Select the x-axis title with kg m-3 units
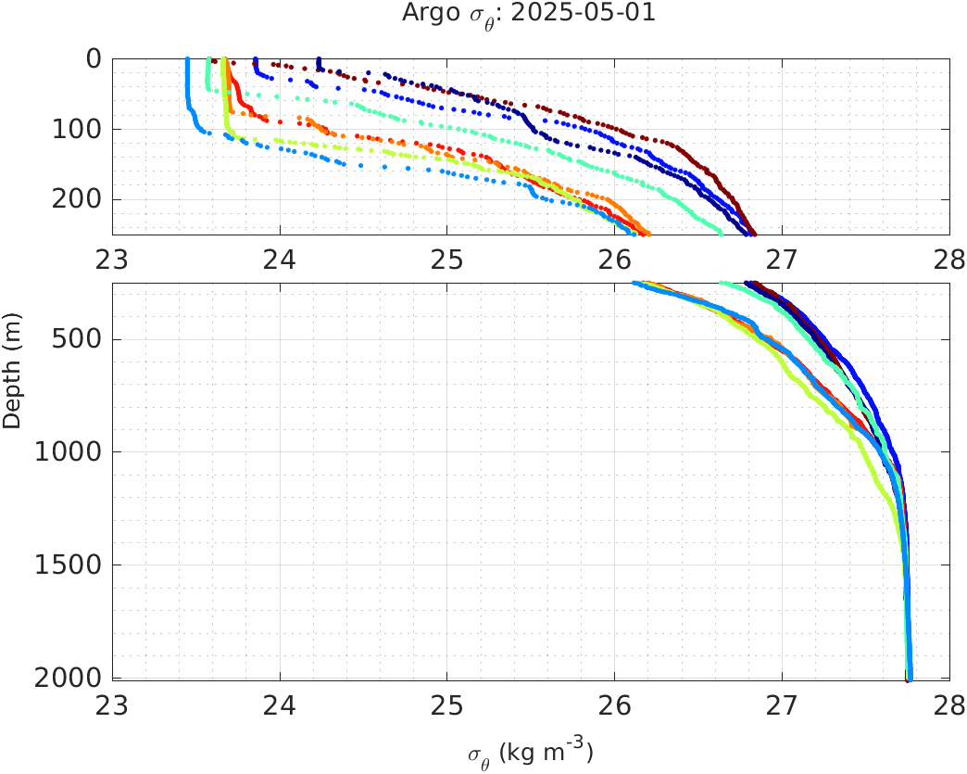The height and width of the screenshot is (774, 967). [530, 753]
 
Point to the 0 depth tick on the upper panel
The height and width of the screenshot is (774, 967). [93, 59]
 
